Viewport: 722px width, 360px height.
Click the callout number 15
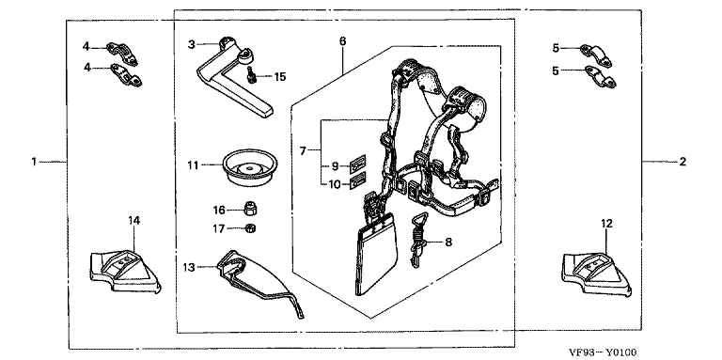pos(279,76)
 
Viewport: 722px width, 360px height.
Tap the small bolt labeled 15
pos(251,74)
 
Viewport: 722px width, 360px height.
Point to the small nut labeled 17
pos(250,227)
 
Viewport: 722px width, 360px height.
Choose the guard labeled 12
pos(597,274)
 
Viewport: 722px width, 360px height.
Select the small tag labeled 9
pos(358,163)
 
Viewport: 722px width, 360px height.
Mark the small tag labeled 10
pos(358,180)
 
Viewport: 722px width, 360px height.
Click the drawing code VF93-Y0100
pos(603,352)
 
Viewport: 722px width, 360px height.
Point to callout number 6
pos(342,41)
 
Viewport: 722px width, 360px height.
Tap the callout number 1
pos(34,162)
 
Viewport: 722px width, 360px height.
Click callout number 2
pos(683,162)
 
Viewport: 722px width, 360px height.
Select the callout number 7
pos(303,150)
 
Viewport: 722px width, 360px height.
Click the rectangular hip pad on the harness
pos(377,262)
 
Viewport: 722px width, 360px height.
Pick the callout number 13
pos(189,267)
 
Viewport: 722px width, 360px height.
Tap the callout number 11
pos(194,164)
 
